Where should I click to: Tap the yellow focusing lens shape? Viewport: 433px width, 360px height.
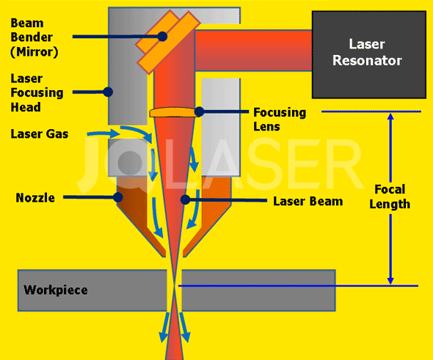pos(175,112)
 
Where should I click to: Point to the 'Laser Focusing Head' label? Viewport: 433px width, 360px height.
pos(37,92)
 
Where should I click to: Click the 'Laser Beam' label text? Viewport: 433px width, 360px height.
pos(308,201)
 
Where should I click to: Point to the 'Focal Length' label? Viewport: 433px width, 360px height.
pos(390,196)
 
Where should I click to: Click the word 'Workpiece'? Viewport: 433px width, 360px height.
pos(56,290)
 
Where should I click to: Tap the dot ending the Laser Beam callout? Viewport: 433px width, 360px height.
pos(186,199)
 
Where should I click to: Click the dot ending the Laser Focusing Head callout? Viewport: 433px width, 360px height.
pos(108,92)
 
